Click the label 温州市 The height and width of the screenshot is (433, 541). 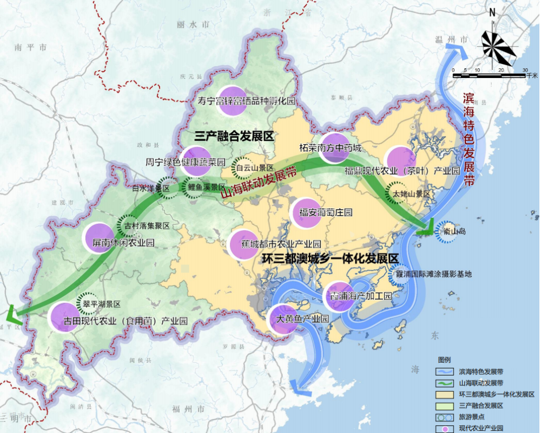coord(450,40)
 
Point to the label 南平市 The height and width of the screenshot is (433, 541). coord(32,47)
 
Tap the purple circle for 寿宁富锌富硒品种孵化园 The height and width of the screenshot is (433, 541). coord(231,101)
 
